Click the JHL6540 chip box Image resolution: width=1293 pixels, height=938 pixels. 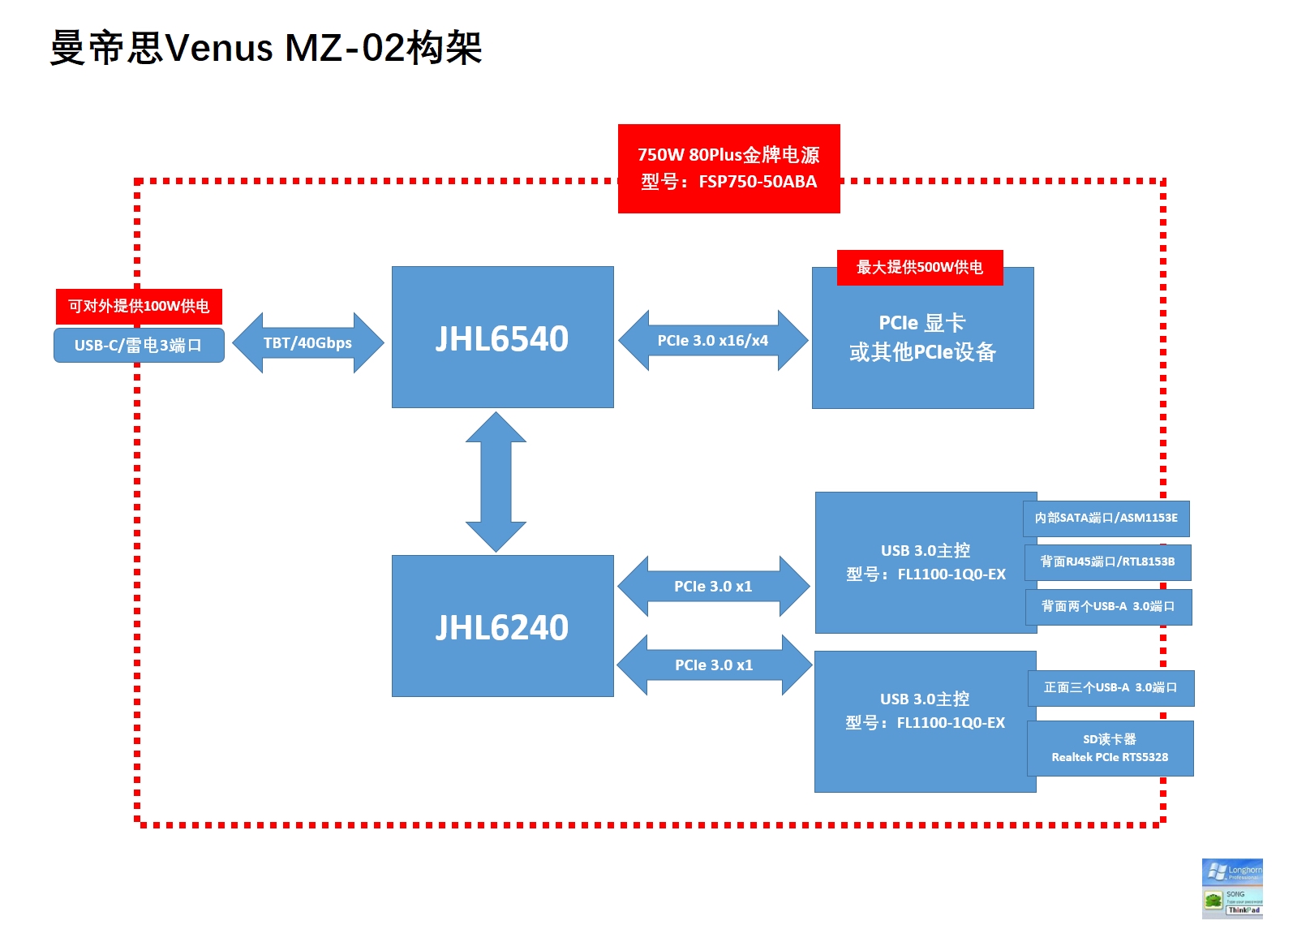point(502,337)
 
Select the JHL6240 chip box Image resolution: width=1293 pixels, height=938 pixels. point(502,626)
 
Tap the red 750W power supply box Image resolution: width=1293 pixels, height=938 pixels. point(728,168)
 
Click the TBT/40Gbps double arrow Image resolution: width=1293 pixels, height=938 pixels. point(307,343)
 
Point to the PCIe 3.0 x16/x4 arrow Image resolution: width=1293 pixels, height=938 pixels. point(712,341)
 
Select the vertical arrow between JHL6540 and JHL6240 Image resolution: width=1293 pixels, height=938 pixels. point(496,482)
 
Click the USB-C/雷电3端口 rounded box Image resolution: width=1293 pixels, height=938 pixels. point(139,346)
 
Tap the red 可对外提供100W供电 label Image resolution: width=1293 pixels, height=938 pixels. point(139,306)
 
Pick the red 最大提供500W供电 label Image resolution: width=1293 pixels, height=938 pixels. point(920,268)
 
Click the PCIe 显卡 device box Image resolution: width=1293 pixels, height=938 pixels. point(922,349)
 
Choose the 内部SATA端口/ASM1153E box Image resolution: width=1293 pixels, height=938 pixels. point(1106,518)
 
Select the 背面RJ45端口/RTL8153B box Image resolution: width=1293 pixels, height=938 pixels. point(1107,562)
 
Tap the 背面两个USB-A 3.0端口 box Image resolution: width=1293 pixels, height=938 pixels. point(1108,606)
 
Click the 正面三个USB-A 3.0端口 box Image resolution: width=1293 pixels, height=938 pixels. point(1110,688)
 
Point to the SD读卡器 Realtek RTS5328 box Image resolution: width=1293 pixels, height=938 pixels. point(1110,748)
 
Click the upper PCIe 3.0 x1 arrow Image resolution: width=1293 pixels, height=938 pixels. point(713,587)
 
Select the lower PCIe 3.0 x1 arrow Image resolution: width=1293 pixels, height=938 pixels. point(714,665)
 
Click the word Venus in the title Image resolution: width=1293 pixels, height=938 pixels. point(219,48)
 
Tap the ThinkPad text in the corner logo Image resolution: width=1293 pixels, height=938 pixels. point(1244,910)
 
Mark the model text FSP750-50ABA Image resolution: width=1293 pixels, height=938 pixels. point(758,182)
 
